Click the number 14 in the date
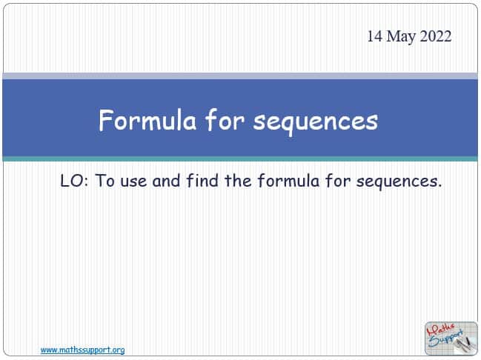pyautogui.click(x=375, y=36)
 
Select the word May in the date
pyautogui.click(x=401, y=37)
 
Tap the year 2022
pyautogui.click(x=435, y=36)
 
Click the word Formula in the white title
pyautogui.click(x=147, y=120)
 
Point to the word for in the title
pyautogui.click(x=224, y=120)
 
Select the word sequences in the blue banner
pyautogui.click(x=315, y=122)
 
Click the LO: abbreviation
pyautogui.click(x=74, y=180)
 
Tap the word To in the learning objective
pyautogui.click(x=105, y=180)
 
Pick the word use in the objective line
pyautogui.click(x=133, y=181)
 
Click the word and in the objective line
pyautogui.click(x=166, y=180)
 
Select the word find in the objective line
pyautogui.click(x=202, y=180)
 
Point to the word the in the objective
pyautogui.click(x=238, y=180)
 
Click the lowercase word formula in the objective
pyautogui.click(x=288, y=180)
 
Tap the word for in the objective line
pyautogui.click(x=337, y=180)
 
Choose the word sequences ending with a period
pyautogui.click(x=399, y=182)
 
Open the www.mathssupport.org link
pyautogui.click(x=82, y=350)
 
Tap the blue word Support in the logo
pyautogui.click(x=446, y=339)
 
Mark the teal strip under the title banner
pyautogui.click(x=240, y=159)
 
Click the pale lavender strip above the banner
pyautogui.click(x=240, y=76)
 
